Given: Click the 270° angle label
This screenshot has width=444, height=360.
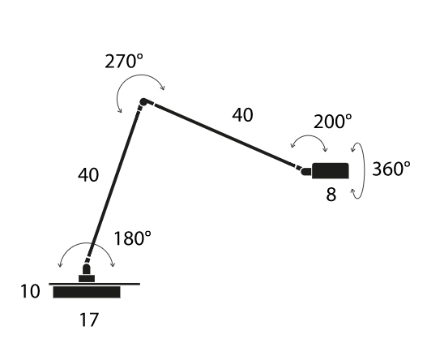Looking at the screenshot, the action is coord(124,62).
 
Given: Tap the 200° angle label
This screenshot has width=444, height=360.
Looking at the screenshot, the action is coord(333,122).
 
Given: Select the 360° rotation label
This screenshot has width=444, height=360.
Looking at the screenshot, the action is coord(391,169).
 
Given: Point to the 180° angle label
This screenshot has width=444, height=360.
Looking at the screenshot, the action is coord(132,238).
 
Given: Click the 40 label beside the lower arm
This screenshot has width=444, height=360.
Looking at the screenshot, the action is coord(88,175).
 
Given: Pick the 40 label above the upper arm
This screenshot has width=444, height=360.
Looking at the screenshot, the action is coord(243,115).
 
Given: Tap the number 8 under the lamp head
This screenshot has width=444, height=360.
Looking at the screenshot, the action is coord(331,195).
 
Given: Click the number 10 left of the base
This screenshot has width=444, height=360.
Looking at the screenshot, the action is coord(30,291).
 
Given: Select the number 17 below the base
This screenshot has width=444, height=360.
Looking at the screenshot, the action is coord(89,319).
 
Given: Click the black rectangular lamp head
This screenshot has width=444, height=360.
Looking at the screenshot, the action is coord(331,171).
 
